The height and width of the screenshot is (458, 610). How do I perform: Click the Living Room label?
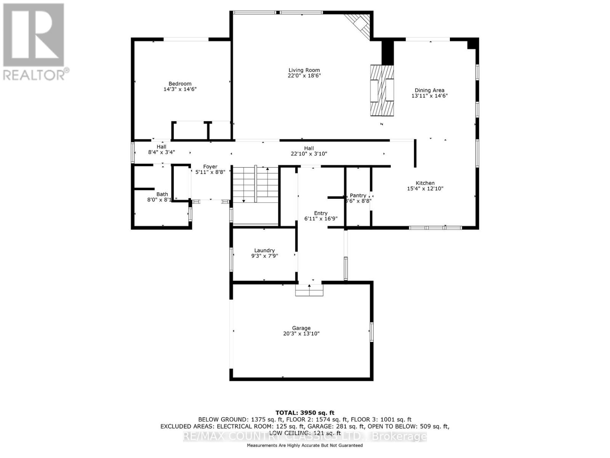coord(304,70)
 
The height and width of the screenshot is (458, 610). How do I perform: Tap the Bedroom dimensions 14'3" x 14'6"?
coord(180,89)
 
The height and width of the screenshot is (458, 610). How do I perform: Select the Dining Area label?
coord(429,90)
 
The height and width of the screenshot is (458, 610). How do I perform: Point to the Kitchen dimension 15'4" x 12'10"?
coord(425,189)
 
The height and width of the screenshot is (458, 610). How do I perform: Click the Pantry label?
coord(358,195)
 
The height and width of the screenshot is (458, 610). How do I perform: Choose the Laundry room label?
coord(264,250)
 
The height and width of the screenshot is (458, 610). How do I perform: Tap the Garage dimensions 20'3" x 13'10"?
coord(301,334)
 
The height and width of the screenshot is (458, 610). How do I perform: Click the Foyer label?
coord(210,167)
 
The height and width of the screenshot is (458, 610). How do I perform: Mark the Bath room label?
coord(162,194)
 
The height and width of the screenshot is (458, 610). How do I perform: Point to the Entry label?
coord(321,213)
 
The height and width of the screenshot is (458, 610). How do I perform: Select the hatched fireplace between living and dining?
coord(382,90)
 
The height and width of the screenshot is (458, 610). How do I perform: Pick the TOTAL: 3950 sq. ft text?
coord(305,413)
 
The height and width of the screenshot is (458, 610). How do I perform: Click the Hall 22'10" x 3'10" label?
coord(309,151)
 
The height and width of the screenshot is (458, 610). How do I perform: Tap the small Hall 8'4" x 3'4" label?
coord(161,149)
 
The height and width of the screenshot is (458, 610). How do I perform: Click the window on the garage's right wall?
coord(372,331)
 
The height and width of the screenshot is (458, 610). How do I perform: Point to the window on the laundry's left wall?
coord(231,259)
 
